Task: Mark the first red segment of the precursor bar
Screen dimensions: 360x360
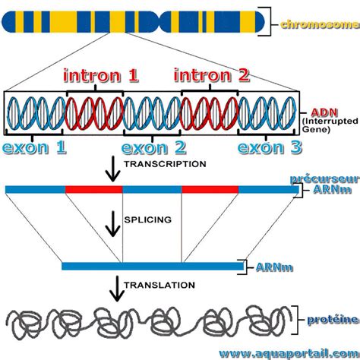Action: pos(94,188)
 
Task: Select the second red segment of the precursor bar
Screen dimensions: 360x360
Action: pos(210,188)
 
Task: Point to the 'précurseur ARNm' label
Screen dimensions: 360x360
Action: pos(329,184)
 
